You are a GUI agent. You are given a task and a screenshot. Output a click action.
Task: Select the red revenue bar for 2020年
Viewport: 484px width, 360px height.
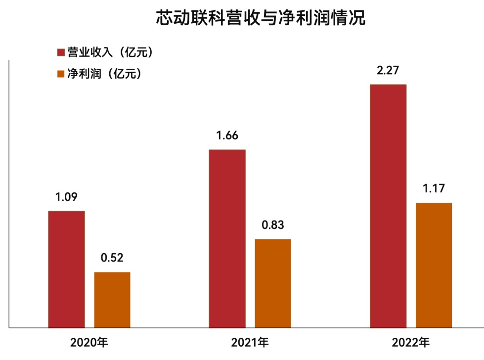click(x=66, y=269)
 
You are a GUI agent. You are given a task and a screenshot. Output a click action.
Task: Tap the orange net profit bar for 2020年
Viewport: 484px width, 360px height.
click(x=112, y=300)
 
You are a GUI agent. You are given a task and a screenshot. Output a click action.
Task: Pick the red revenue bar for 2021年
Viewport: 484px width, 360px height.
click(x=227, y=238)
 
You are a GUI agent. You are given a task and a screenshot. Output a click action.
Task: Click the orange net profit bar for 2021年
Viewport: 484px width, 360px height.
click(x=273, y=283)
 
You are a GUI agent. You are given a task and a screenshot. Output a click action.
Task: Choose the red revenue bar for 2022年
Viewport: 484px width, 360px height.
click(x=388, y=206)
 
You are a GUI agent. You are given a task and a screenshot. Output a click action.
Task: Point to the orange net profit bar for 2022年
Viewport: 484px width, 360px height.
click(x=434, y=265)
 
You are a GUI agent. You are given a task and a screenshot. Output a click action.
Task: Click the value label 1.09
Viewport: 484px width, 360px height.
click(x=66, y=197)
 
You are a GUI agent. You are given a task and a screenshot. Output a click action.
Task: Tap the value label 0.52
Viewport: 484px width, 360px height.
click(x=112, y=258)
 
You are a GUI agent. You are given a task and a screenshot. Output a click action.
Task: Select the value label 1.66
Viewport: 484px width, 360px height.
click(x=227, y=135)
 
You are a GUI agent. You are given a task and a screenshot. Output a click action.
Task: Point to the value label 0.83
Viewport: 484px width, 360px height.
click(x=273, y=225)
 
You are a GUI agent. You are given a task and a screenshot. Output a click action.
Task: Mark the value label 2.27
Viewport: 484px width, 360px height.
click(x=388, y=70)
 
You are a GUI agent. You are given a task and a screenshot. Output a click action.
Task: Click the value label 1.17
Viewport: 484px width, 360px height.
click(x=434, y=188)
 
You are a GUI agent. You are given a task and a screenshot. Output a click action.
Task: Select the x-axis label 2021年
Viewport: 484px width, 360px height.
click(x=250, y=342)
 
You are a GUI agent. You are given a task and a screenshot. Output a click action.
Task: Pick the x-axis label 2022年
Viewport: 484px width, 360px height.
click(x=411, y=342)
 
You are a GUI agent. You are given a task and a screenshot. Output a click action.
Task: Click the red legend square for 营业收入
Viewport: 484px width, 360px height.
click(x=61, y=52)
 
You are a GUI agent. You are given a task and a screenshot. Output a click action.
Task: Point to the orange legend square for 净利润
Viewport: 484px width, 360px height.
click(x=61, y=74)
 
